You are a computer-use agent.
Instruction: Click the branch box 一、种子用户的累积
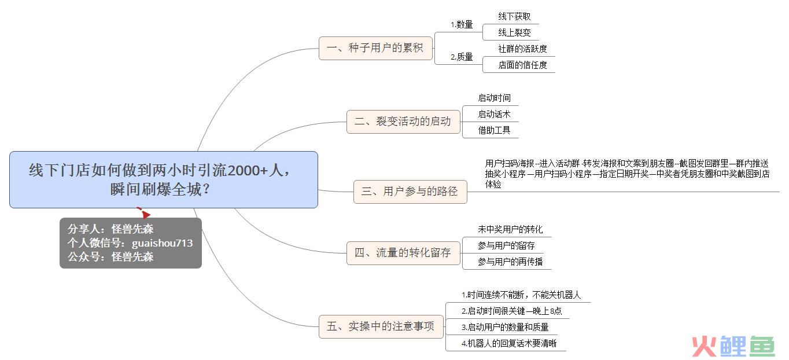[x=375, y=48]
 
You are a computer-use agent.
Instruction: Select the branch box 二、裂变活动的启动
[x=403, y=122]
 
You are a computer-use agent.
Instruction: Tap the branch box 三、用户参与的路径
[x=410, y=192]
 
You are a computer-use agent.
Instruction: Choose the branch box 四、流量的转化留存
[x=403, y=253]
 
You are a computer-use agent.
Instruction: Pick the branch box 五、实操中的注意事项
[x=381, y=326]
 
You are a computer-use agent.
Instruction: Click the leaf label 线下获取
[x=514, y=17]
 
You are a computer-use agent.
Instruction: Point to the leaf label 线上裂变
[x=514, y=33]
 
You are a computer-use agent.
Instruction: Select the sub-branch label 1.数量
[x=462, y=25]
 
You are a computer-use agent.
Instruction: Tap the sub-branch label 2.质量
[x=462, y=57]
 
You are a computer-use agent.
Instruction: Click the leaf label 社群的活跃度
[x=522, y=49]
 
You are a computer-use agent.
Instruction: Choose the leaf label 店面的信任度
[x=522, y=65]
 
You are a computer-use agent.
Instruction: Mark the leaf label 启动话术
[x=494, y=114]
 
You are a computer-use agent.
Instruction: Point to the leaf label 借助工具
[x=494, y=130]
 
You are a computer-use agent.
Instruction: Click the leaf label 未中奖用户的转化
[x=510, y=230]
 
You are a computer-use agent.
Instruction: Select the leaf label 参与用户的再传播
[x=510, y=262]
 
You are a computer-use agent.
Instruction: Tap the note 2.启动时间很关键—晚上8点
[x=511, y=311]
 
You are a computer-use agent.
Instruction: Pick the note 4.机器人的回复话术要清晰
[x=509, y=343]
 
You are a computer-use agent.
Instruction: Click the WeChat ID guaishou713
[x=163, y=243]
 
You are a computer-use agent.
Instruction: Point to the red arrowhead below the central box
[x=146, y=214]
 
